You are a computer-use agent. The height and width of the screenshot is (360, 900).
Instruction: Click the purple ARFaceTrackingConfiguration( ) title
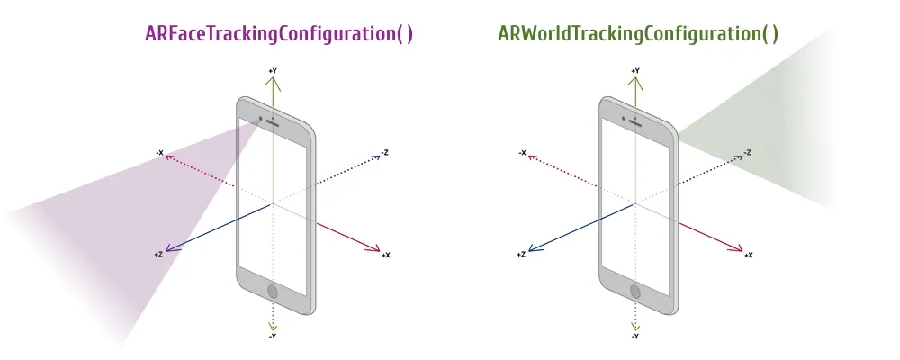[279, 34]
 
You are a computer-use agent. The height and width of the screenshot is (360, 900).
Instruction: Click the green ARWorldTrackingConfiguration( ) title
[638, 34]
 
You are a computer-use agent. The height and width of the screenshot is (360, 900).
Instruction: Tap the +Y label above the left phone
[273, 70]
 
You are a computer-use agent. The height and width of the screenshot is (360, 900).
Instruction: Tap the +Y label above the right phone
[634, 70]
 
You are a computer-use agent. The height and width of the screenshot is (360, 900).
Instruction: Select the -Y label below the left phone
[273, 337]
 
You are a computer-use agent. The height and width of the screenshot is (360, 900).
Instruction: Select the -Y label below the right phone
[634, 337]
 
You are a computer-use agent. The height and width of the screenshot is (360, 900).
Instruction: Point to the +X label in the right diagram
[748, 256]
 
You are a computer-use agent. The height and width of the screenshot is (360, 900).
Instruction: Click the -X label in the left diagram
[159, 153]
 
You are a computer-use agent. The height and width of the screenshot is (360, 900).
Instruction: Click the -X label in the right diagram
[522, 153]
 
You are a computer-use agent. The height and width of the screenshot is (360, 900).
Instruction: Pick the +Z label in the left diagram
[158, 255]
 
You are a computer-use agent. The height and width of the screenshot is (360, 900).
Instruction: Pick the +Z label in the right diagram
[521, 255]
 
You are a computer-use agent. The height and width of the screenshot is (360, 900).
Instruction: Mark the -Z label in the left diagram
[384, 153]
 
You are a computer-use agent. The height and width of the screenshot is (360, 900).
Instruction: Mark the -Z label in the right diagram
[747, 153]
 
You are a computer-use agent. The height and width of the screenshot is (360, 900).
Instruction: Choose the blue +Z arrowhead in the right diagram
[534, 248]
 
